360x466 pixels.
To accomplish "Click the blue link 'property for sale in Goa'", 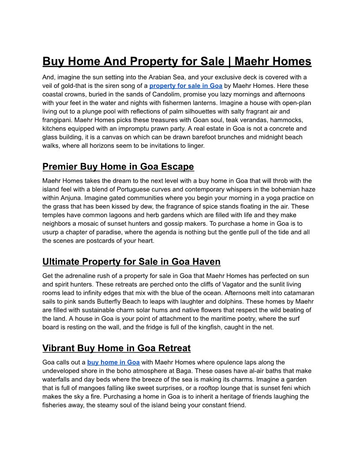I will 186,86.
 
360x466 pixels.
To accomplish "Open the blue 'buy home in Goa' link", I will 113,362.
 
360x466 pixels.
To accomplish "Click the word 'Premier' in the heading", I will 60,166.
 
